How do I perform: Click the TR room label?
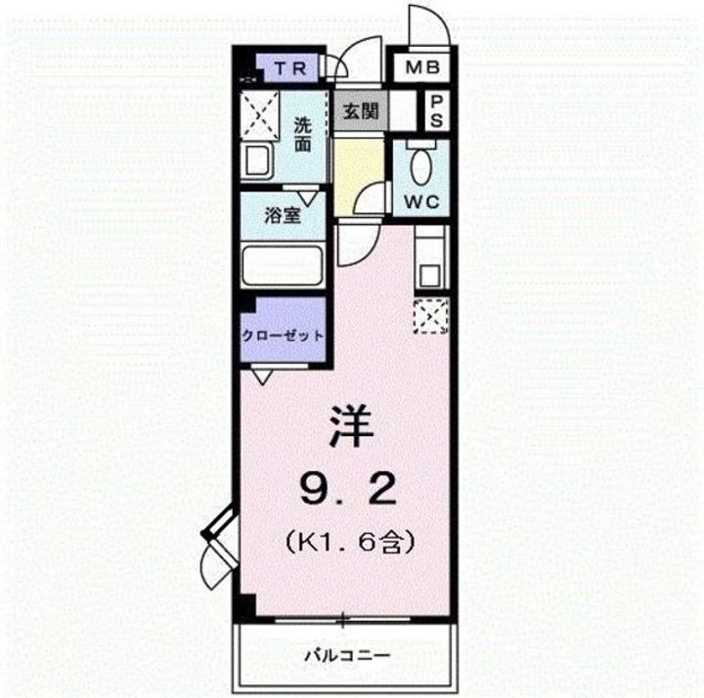pos(290,68)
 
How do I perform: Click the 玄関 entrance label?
pos(360,110)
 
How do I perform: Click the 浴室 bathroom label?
pos(283,216)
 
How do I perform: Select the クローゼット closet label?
pos(283,335)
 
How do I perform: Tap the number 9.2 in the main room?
pos(349,485)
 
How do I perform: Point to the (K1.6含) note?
pos(348,538)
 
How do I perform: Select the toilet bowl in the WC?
pos(421,168)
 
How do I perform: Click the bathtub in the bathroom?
pos(283,265)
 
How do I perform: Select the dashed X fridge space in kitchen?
pos(430,315)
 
